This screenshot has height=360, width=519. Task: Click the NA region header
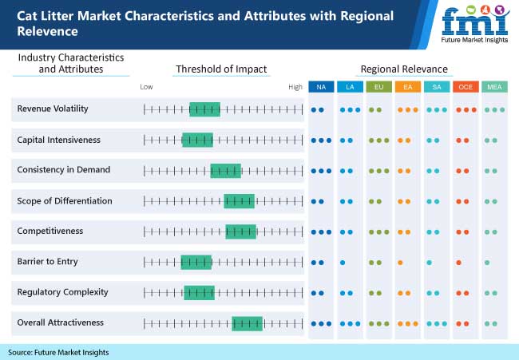(x=321, y=86)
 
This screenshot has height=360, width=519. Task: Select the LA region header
(x=350, y=86)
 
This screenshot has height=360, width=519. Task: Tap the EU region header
(x=378, y=86)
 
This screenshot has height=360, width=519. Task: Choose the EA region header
(x=407, y=86)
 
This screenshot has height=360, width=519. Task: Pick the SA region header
(x=437, y=86)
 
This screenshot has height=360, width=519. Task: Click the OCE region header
(x=466, y=86)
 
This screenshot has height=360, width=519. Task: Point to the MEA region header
(x=494, y=86)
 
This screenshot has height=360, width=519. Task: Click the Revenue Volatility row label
(x=53, y=109)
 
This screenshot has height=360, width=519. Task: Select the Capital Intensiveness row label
(x=59, y=140)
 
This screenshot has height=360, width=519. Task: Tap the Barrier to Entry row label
(x=48, y=261)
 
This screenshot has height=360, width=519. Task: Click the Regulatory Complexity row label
(x=62, y=292)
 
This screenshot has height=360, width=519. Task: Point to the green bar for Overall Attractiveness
(x=248, y=323)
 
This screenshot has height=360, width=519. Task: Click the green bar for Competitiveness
(x=240, y=231)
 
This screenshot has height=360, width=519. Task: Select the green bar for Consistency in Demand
(x=225, y=170)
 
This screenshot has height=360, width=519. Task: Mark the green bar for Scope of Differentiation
(x=239, y=201)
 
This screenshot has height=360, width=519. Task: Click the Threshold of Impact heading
(x=221, y=69)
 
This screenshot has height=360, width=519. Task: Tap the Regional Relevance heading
(x=404, y=69)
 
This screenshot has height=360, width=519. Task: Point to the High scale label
(x=296, y=86)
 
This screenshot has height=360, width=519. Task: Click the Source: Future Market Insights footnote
(x=58, y=352)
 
